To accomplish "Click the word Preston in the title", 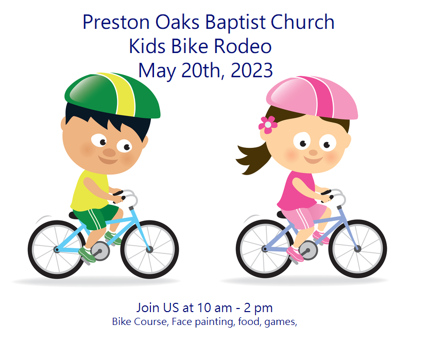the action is tap(116, 22).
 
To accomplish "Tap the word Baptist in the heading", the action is tap(235, 22).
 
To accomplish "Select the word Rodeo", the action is tap(243, 46).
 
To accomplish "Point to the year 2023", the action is tap(252, 70).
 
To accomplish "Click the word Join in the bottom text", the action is tap(148, 307).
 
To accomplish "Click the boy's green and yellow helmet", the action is tap(112, 95).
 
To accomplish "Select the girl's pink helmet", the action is tap(312, 97).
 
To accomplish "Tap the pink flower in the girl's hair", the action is tap(268, 125).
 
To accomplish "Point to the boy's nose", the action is tap(109, 152).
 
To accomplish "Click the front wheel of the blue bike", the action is tap(149, 249).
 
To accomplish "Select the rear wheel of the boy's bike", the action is tap(57, 249).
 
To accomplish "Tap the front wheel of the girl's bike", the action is tap(357, 249).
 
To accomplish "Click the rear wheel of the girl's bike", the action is tap(265, 249).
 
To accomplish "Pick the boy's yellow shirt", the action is tap(90, 191).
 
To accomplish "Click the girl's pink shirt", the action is tap(297, 191).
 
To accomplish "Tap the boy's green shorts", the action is tap(95, 216).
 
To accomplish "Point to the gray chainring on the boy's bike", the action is tap(100, 251).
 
